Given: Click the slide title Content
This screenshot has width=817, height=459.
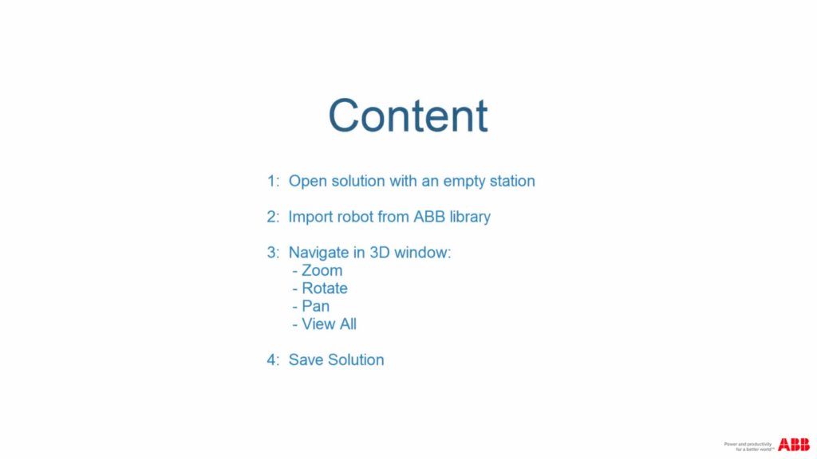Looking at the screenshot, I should tap(408, 116).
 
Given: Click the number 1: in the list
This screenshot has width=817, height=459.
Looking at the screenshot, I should tap(274, 182).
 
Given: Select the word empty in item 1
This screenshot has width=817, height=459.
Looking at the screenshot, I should tap(458, 182).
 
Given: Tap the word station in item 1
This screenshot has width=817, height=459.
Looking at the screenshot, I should tap(509, 182).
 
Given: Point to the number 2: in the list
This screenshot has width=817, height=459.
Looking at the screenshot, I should tap(274, 217).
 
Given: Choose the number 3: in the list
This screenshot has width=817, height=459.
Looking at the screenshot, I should tap(274, 253).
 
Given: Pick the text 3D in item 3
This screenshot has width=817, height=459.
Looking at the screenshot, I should tap(379, 253).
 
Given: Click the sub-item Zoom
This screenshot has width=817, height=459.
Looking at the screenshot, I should tap(322, 271).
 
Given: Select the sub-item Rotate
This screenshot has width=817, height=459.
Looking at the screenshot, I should tap(324, 288).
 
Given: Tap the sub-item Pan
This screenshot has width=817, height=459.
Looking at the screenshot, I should tap(315, 306).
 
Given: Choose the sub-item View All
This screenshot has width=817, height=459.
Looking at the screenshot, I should tap(329, 324).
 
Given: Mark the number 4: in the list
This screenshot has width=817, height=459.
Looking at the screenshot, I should tap(274, 360).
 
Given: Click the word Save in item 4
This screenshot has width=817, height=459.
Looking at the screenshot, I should tap(306, 360).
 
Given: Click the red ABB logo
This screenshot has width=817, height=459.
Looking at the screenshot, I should tap(794, 445).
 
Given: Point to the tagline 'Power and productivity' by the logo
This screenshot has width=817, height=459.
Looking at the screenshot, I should tap(749, 443).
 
